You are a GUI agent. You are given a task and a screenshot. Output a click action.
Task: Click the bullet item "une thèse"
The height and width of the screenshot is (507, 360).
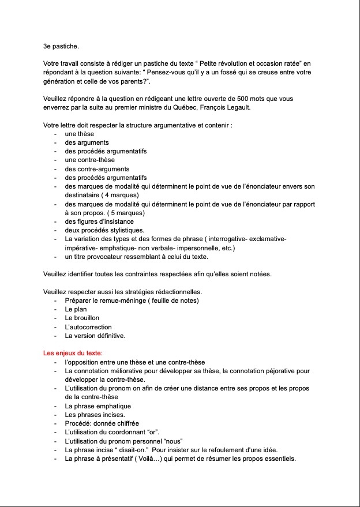tap(80, 134)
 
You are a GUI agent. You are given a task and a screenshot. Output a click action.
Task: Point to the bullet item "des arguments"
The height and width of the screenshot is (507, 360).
tap(87, 142)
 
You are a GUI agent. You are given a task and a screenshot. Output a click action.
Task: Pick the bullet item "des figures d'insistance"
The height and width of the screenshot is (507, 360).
tap(99, 221)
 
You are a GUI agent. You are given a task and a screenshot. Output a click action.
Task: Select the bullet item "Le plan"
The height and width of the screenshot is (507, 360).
tap(76, 309)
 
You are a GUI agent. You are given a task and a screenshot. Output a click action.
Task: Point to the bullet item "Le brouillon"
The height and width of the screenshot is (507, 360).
tap(82, 318)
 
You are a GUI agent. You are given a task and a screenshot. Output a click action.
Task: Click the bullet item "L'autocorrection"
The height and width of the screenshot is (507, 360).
tap(88, 327)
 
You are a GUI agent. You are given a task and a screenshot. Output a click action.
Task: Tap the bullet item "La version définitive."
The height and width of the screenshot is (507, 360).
tap(95, 336)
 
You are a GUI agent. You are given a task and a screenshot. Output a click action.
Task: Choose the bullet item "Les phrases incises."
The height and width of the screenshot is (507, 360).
tap(95, 415)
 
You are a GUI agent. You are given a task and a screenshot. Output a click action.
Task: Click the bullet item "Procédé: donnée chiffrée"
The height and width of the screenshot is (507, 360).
tap(102, 423)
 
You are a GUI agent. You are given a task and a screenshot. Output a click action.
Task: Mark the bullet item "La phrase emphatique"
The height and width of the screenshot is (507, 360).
tap(98, 406)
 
